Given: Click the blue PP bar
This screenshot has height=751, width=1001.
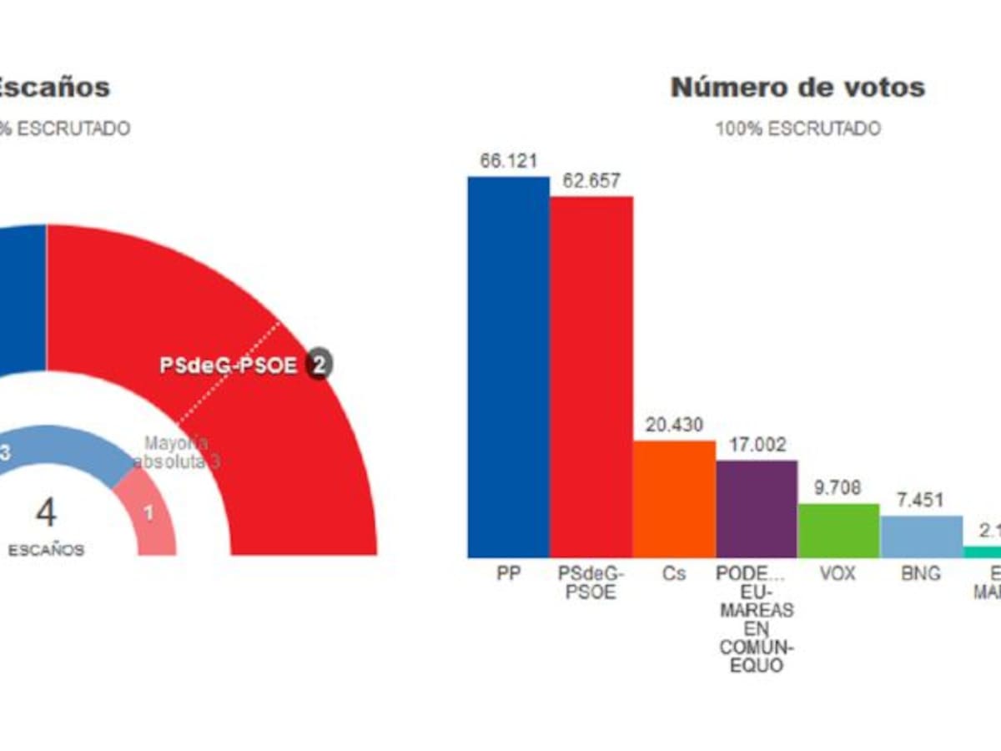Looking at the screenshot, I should (x=508, y=367).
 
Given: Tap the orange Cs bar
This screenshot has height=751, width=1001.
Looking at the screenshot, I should (x=674, y=499).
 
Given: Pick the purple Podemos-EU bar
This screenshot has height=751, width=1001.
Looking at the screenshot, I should (x=757, y=509).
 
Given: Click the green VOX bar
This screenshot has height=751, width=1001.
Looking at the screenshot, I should (x=838, y=531).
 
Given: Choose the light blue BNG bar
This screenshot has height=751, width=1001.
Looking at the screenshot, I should (x=922, y=537).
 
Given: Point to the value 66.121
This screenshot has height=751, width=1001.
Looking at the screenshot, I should (x=508, y=162).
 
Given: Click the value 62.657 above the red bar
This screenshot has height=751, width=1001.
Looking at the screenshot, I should (x=591, y=181).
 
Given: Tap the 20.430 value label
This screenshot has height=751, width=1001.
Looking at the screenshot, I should (x=674, y=426).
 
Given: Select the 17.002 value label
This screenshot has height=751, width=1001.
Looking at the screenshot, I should (x=757, y=446).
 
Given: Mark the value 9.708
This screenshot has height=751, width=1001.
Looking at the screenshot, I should (x=838, y=488).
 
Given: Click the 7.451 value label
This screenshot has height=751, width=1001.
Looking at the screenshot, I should (x=922, y=501).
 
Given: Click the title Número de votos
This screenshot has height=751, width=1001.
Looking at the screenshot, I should (x=797, y=87).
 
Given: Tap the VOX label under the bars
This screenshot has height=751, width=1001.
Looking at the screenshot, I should (x=838, y=575).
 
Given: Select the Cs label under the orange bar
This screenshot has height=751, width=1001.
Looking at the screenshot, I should (x=674, y=575).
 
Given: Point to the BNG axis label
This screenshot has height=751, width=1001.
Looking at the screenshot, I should (x=922, y=575).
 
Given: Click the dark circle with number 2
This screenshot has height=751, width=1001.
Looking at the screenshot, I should (x=318, y=364).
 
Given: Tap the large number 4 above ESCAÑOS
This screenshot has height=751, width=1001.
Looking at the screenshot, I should (x=46, y=513).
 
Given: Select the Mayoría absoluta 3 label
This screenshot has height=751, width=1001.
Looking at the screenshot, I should (x=180, y=452).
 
